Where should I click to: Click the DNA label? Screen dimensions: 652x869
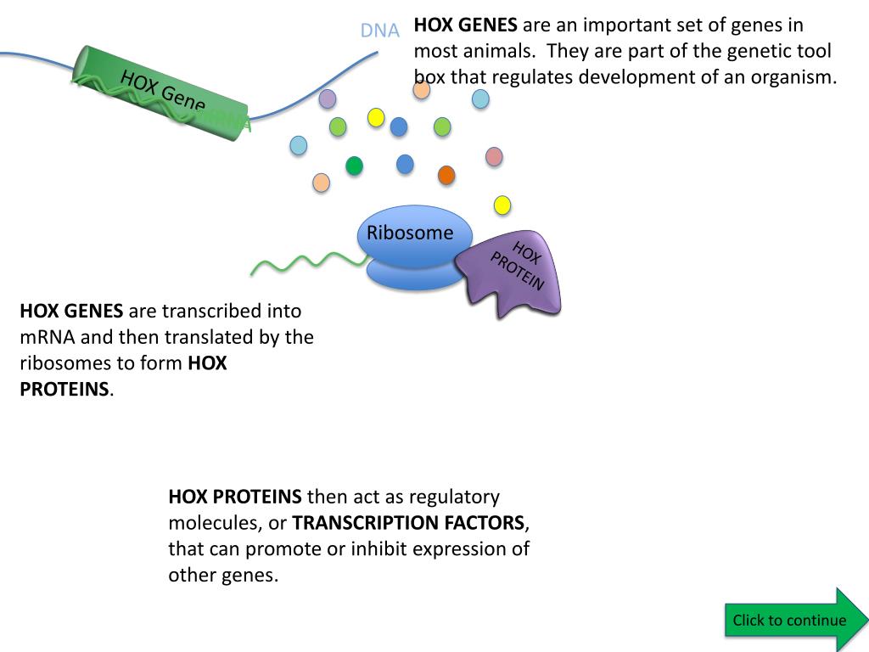coord(379,31)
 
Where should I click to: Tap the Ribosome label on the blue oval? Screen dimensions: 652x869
coord(410,233)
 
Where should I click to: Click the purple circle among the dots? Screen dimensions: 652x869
coord(328,98)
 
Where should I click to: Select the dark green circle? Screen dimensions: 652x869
coord(355,166)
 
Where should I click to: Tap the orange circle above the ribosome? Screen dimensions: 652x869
coord(446,175)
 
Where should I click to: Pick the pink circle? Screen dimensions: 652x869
coord(494,156)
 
